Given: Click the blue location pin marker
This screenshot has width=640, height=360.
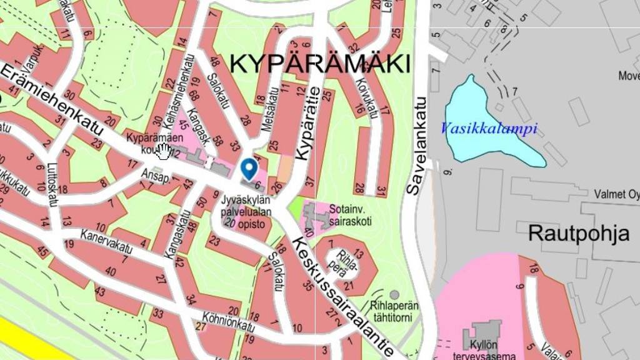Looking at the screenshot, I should [x=249, y=167].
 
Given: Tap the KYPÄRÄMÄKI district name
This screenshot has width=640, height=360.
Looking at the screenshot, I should [x=321, y=64].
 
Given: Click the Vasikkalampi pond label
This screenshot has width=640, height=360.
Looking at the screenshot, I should [x=489, y=129].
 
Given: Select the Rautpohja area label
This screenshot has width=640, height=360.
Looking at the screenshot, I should [x=579, y=233].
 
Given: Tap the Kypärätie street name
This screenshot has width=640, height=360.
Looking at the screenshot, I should [x=310, y=124].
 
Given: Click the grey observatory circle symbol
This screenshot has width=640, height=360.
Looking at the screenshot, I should [x=394, y=294].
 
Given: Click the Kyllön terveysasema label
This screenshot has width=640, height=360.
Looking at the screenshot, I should [x=490, y=349].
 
